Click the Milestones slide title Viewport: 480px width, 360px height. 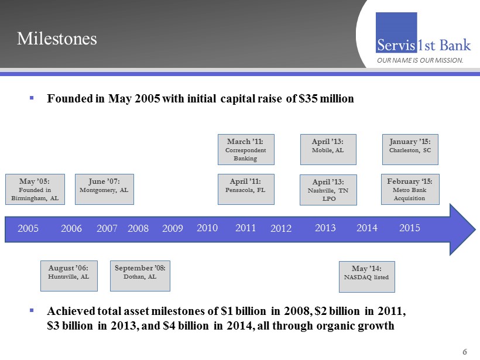click(x=57, y=39)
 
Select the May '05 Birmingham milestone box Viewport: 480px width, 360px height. click(x=35, y=189)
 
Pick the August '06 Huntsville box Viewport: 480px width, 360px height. click(x=68, y=276)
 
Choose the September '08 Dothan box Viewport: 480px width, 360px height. click(x=140, y=276)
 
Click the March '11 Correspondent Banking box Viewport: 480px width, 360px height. click(x=246, y=149)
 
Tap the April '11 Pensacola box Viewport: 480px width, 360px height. click(x=246, y=189)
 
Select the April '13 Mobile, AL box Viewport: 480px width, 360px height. click(x=328, y=149)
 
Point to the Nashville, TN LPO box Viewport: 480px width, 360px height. click(x=328, y=190)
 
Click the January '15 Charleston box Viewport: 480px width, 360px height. click(x=410, y=149)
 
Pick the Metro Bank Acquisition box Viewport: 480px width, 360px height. click(x=410, y=189)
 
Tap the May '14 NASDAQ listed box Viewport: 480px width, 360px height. click(x=367, y=276)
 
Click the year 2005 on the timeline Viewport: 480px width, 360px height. click(x=28, y=229)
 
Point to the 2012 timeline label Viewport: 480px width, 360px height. click(x=281, y=229)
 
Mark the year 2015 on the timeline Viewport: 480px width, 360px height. click(x=410, y=228)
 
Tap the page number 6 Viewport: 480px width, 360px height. click(x=465, y=352)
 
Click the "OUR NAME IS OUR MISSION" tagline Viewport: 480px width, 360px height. click(x=420, y=60)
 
